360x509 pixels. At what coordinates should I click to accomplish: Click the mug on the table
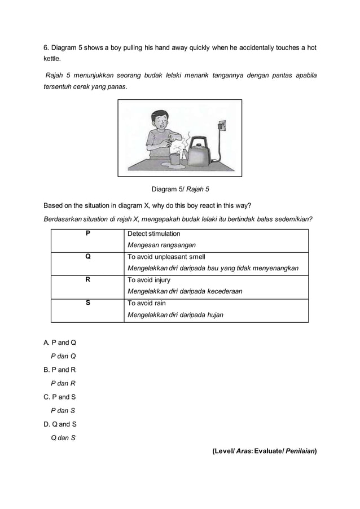click(x=175, y=159)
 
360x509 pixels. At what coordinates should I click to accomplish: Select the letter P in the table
click(x=87, y=233)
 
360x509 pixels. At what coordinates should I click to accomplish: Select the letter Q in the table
click(x=87, y=256)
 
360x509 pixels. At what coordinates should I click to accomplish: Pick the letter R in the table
click(x=87, y=279)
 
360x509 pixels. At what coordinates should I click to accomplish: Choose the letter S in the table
click(x=87, y=303)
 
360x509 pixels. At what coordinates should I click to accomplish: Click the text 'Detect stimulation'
click(x=154, y=234)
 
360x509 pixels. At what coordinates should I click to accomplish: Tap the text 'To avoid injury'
click(x=149, y=280)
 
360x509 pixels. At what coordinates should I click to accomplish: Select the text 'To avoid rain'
click(x=147, y=303)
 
